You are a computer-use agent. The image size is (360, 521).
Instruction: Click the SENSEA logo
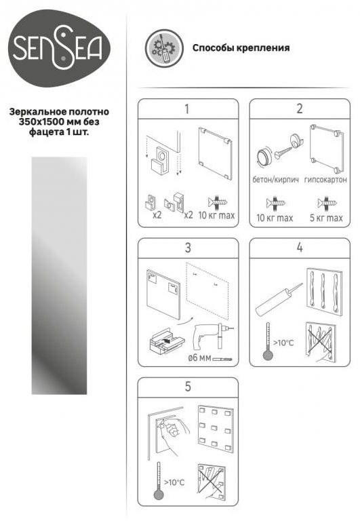coord(59,48)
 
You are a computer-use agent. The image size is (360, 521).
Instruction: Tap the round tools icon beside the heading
coord(164,48)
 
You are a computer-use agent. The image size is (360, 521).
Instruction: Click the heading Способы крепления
coord(241,48)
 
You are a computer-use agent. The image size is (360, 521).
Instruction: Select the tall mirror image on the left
coord(59,276)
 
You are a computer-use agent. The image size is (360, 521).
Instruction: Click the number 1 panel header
coord(188,109)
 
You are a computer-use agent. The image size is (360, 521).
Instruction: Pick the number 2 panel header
coord(300,109)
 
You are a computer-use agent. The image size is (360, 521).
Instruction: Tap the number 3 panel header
coord(188,248)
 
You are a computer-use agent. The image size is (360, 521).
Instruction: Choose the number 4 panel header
coord(300,248)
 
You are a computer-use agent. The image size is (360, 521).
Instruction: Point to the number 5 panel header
coord(188,387)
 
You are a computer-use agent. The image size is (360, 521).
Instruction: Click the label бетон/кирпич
coord(275,180)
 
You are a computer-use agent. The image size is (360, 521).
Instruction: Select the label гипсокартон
coord(325,180)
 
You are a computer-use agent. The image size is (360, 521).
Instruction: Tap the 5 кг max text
coord(326,218)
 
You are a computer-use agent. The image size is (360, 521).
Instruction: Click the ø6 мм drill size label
coord(199,358)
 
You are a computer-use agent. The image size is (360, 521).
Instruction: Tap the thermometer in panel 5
coord(159,480)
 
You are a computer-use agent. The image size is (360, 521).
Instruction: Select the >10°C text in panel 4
coord(283,343)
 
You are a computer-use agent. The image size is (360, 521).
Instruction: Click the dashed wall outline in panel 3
coord(207,289)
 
